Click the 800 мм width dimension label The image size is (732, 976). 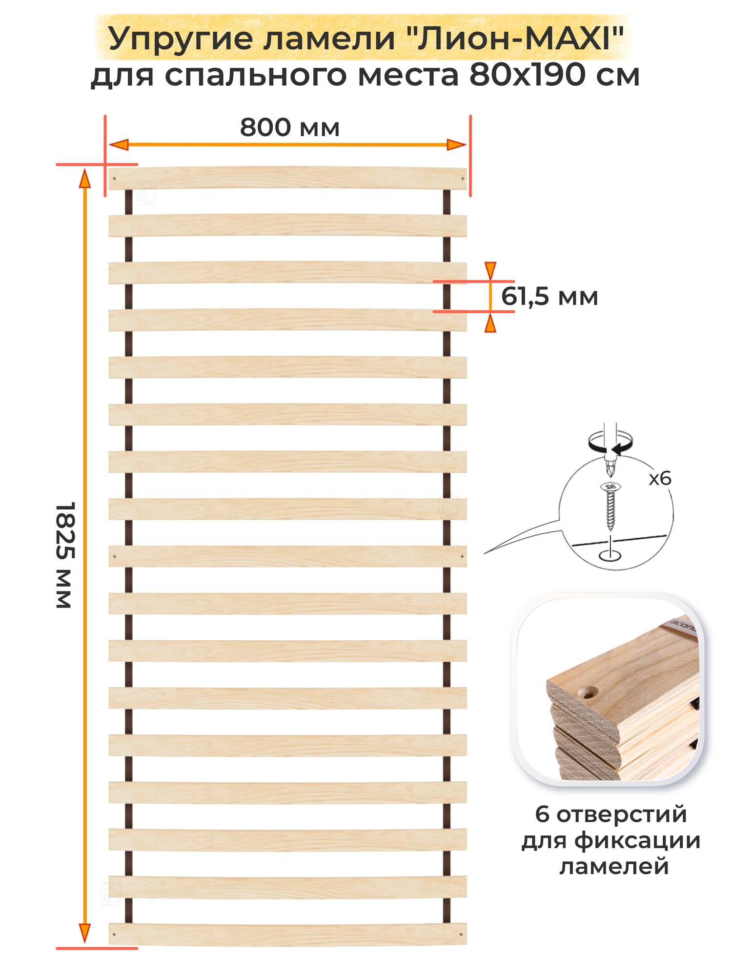289,128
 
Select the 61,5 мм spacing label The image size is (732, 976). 549,297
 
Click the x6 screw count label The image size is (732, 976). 660,479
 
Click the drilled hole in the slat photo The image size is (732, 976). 587,691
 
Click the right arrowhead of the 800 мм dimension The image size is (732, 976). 457,144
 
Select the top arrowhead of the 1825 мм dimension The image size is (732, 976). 85,179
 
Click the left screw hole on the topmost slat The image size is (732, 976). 114,179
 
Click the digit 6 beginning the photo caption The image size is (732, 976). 542,814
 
